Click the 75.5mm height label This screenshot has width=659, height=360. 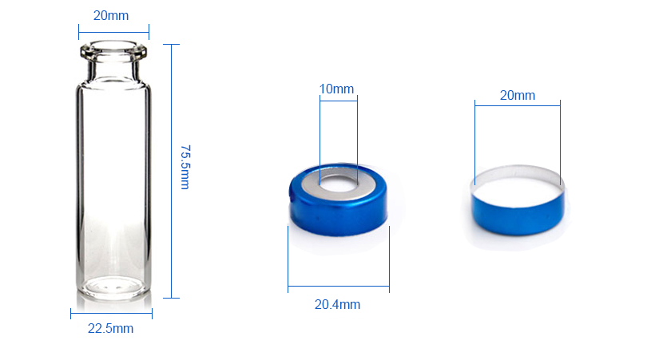tap(185, 167)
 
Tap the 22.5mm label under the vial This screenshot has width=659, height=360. tap(110, 328)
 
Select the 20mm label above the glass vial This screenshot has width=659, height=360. tap(111, 15)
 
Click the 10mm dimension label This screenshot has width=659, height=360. tap(336, 89)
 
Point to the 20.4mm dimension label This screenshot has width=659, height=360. tap(337, 304)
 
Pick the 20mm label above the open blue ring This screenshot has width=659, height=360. tap(518, 95)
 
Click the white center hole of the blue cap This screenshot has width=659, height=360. tap(339, 183)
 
